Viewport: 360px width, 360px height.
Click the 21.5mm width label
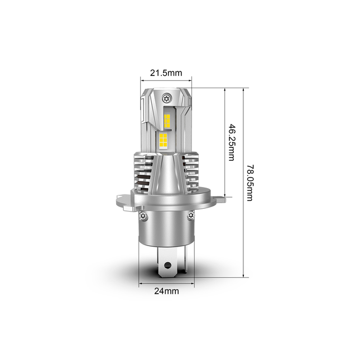pyautogui.click(x=166, y=72)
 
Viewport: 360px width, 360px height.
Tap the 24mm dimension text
pyautogui.click(x=166, y=291)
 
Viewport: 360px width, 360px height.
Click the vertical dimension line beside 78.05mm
pyautogui.click(x=243, y=181)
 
